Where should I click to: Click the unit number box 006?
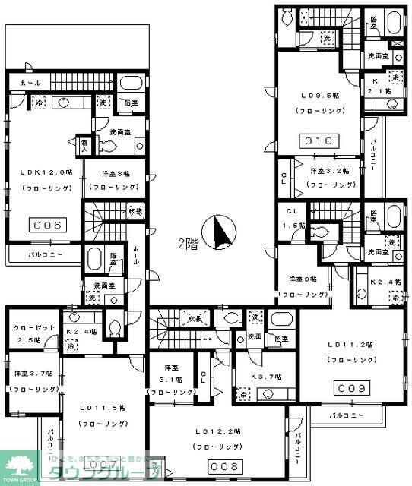pyautogui.click(x=46, y=224)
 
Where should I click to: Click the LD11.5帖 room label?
pyautogui.click(x=102, y=408)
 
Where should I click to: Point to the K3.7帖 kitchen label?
pyautogui.click(x=266, y=377)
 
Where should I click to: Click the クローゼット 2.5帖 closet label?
pyautogui.click(x=30, y=333)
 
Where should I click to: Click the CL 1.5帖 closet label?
pyautogui.click(x=292, y=217)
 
